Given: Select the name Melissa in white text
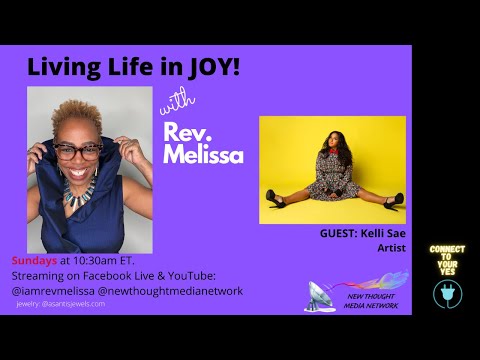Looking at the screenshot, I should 198,152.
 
